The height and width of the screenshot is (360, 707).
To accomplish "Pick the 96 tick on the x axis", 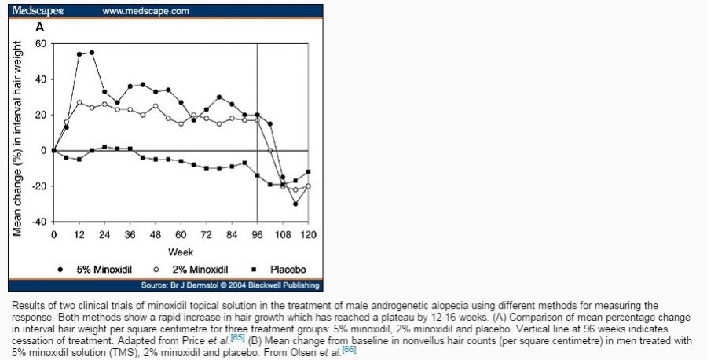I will coord(257,235).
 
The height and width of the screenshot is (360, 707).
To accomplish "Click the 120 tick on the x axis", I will coord(308,235).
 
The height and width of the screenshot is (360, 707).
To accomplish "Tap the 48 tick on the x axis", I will coord(155,235).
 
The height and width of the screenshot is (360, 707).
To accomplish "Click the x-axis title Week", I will coord(180,252).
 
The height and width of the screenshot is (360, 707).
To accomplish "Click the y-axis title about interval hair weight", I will coord(16,132).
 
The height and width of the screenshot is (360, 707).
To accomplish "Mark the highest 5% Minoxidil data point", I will coord(92,53).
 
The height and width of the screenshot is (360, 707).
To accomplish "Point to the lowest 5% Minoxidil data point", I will coord(295,204).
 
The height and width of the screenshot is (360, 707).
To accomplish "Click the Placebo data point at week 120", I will coord(308,171).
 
